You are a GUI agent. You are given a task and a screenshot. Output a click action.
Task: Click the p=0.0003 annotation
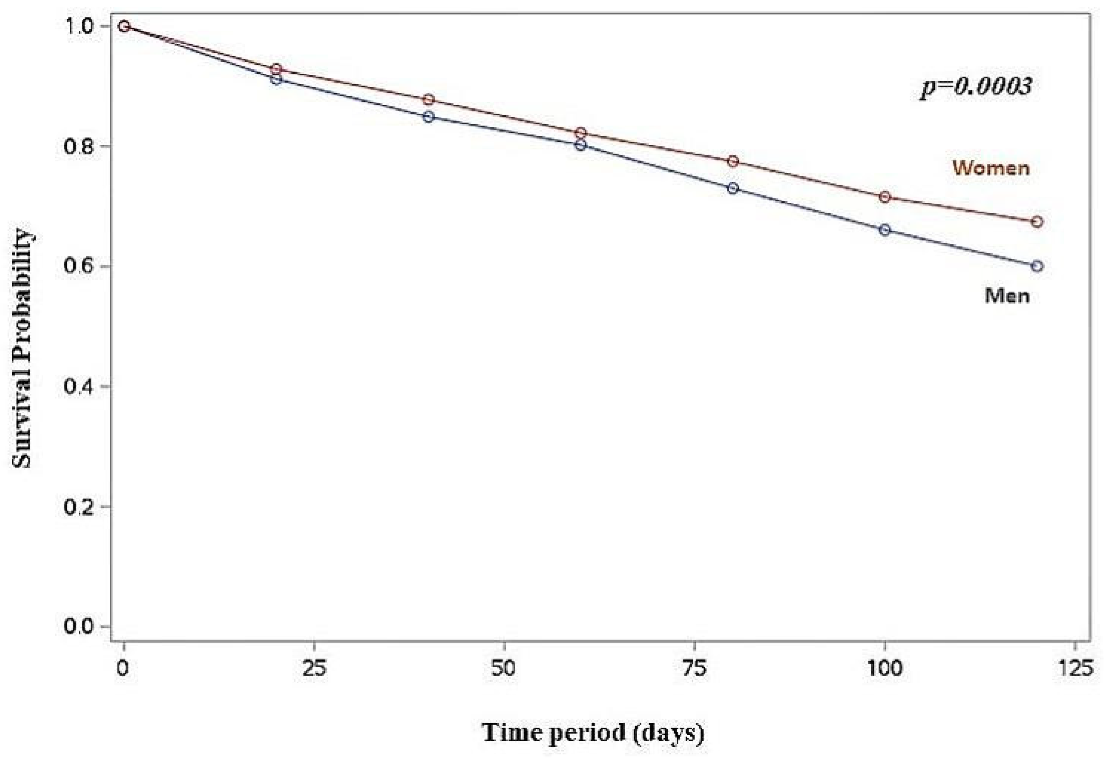tap(976, 87)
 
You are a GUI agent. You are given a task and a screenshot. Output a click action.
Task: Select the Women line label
tap(991, 168)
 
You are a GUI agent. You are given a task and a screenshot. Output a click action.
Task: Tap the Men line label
tap(1007, 296)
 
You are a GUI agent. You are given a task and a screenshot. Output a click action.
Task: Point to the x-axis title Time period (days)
tap(593, 732)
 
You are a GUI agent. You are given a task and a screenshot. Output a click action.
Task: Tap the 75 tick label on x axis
tap(695, 669)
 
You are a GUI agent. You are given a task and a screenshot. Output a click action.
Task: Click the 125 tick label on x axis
tap(1075, 669)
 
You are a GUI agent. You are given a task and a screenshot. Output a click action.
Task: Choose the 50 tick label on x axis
tap(504, 669)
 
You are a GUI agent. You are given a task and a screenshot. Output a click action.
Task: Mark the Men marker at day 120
tap(1038, 266)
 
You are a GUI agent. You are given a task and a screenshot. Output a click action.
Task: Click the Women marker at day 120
tap(1038, 222)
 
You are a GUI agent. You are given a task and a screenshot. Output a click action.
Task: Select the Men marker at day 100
tap(885, 230)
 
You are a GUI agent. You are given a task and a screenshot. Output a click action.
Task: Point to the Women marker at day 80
tap(733, 161)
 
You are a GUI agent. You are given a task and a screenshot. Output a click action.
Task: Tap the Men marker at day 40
tap(429, 117)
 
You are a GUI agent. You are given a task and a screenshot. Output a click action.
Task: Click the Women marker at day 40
tap(429, 99)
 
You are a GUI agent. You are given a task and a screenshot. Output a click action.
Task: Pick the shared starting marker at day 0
tap(124, 26)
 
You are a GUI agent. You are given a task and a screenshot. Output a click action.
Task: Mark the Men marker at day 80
tap(733, 188)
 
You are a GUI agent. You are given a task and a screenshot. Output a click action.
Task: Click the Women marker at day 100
tap(885, 197)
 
